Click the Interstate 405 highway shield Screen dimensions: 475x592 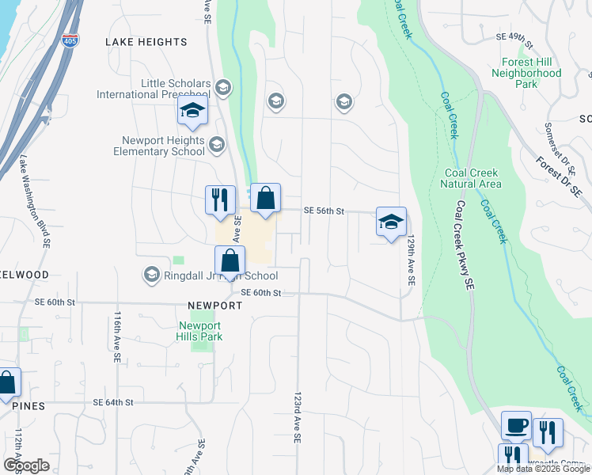(70, 40)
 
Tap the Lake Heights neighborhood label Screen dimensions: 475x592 (148, 42)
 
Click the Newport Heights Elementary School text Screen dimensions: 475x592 (159, 146)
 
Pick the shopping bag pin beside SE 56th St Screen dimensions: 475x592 (266, 198)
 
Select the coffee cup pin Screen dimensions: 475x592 (516, 426)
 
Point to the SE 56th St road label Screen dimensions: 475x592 (326, 211)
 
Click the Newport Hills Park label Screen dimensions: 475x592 (201, 330)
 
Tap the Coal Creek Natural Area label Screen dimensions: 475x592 (472, 178)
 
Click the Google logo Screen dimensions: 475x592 (26, 465)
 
